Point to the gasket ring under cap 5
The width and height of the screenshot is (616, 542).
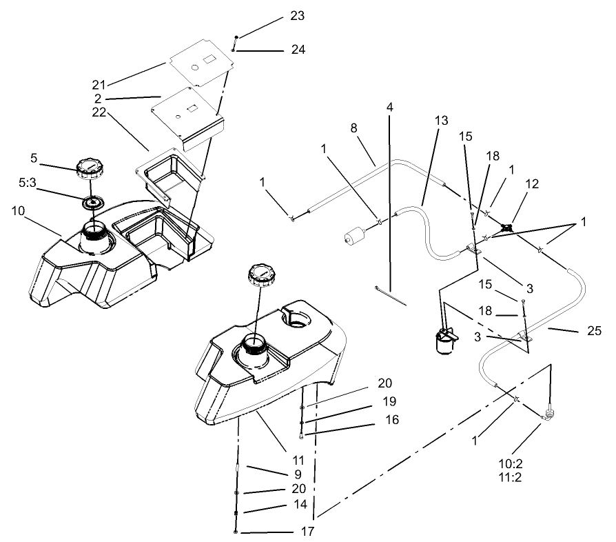click(x=90, y=202)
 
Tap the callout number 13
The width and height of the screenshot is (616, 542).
click(x=441, y=120)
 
